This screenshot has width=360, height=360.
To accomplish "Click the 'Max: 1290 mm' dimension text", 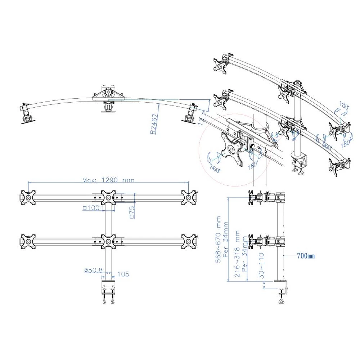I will [x=108, y=180].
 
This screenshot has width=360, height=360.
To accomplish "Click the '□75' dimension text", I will [x=132, y=213].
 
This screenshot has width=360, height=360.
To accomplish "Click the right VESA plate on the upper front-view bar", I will [x=188, y=198].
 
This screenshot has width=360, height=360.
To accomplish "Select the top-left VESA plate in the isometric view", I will [x=220, y=66].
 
